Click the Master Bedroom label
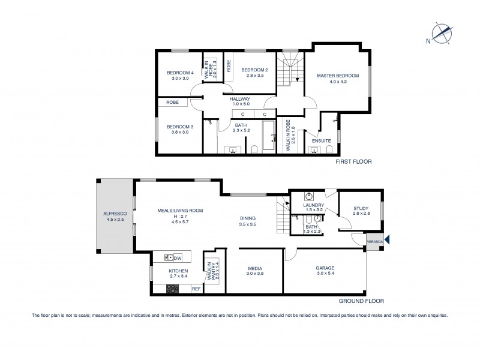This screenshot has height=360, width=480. click(338, 76)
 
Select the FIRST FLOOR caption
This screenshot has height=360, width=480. click(354, 162)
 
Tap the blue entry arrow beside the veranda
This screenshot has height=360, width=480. click(388, 240)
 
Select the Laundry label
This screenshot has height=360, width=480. click(314, 205)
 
